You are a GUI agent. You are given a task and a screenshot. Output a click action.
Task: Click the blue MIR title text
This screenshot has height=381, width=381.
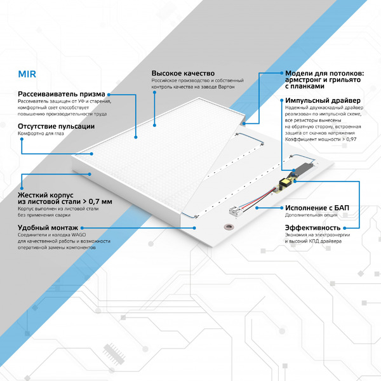[27, 73]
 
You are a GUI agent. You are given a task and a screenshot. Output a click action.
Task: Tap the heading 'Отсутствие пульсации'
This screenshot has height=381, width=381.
[56, 126]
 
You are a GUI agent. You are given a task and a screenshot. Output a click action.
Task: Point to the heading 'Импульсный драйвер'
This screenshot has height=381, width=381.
[323, 101]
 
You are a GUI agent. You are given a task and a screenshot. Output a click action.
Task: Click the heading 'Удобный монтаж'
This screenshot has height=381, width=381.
[48, 227]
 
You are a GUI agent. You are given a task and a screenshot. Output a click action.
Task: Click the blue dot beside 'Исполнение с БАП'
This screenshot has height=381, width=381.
[279, 207]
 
